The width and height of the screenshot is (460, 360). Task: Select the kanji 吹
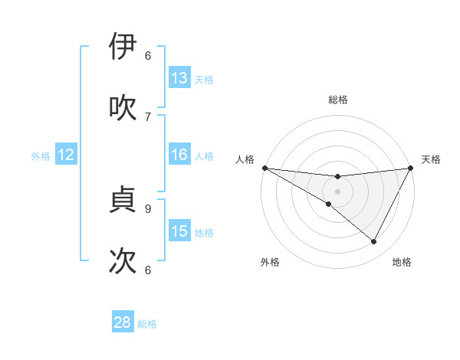pyautogui.click(x=123, y=108)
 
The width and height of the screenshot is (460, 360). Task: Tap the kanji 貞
pyautogui.click(x=123, y=200)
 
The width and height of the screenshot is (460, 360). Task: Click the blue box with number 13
pyautogui.click(x=179, y=78)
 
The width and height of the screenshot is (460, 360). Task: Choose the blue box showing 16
pyautogui.click(x=179, y=155)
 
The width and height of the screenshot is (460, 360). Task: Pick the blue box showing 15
pyautogui.click(x=179, y=231)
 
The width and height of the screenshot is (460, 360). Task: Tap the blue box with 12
pyautogui.click(x=66, y=155)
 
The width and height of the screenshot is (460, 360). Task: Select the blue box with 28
pyautogui.click(x=123, y=322)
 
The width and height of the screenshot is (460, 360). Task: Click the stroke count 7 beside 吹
pyautogui.click(x=148, y=116)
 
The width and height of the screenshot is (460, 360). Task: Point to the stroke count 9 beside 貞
pyautogui.click(x=148, y=208)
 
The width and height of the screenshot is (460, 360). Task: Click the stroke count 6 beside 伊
pyautogui.click(x=148, y=55)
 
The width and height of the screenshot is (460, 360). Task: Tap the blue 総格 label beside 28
pyautogui.click(x=147, y=324)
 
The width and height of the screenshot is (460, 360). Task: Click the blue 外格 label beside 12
pyautogui.click(x=41, y=155)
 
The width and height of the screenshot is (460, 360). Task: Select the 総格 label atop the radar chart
pyautogui.click(x=337, y=100)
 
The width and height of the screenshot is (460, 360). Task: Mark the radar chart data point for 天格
pyautogui.click(x=411, y=168)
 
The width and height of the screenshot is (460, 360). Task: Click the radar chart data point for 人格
pyautogui.click(x=264, y=168)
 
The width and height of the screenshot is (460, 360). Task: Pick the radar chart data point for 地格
pyautogui.click(x=374, y=242)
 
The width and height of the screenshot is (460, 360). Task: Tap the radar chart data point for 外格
pyautogui.click(x=329, y=204)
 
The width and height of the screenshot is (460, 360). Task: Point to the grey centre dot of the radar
pyautogui.click(x=337, y=191)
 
